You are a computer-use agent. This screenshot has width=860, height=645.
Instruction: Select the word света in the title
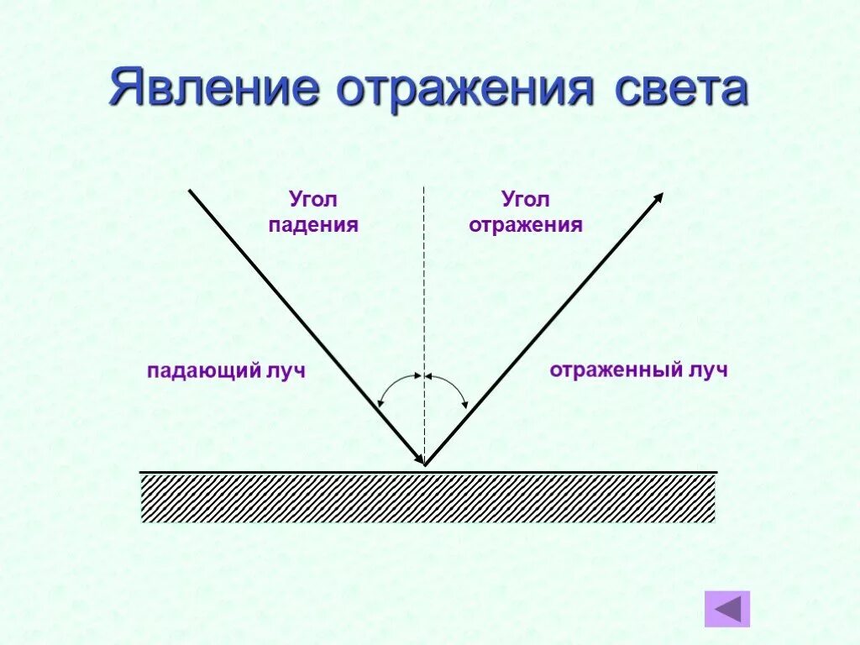[x=679, y=90]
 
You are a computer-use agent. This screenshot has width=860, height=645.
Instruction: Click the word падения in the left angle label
[x=314, y=225]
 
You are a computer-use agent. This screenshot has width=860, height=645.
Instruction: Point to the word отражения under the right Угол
[x=526, y=225]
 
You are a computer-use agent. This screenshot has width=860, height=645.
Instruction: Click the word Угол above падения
[x=313, y=200]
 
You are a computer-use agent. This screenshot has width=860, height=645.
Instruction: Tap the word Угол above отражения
[x=526, y=200]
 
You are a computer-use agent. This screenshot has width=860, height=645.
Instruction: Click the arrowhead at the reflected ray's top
[x=659, y=197]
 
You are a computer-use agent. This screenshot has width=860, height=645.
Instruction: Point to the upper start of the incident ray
[x=190, y=191]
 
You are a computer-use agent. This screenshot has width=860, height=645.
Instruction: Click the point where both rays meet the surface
[x=425, y=464]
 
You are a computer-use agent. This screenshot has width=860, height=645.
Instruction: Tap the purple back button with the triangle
[x=726, y=609]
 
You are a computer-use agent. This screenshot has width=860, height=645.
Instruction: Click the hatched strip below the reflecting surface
[x=428, y=498]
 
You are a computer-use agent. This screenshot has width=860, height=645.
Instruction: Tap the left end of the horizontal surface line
[x=141, y=472]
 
